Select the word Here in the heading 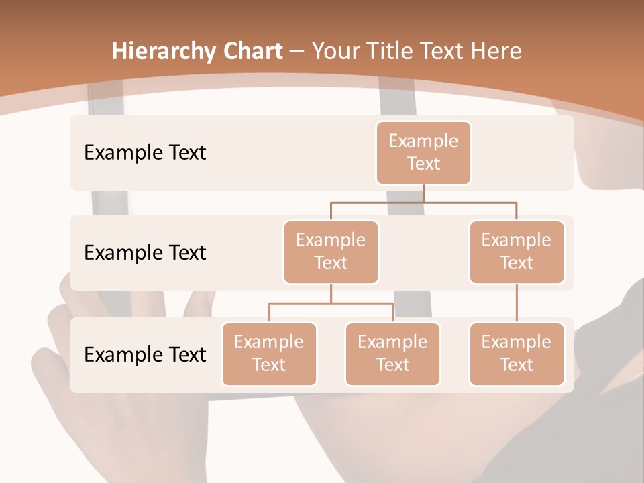pos(496,52)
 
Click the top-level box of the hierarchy pos(423,153)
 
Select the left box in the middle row pos(331,252)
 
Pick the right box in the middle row pos(517,252)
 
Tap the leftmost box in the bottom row pos(269,354)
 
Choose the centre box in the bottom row pos(392,354)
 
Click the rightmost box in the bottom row pos(517,354)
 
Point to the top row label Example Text pos(145,153)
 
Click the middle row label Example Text pos(145,253)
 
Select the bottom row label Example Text pos(145,355)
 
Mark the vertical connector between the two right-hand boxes pos(517,303)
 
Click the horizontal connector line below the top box pos(423,201)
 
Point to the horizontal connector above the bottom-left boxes pos(331,303)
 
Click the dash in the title pos(297,52)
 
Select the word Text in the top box pos(423,164)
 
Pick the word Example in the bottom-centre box pos(392,342)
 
